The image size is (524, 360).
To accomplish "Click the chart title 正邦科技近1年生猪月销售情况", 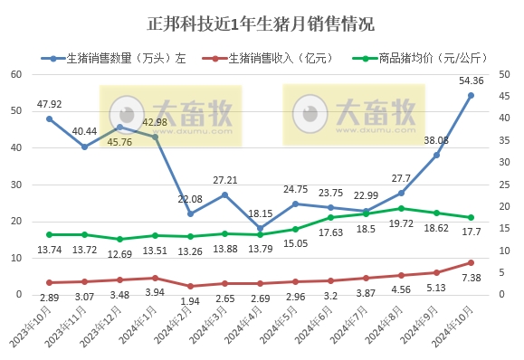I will click(261, 22).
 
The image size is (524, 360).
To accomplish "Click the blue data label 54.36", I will click(471, 81).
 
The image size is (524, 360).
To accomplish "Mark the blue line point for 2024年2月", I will click(190, 213).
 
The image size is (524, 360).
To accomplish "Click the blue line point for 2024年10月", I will click(471, 95).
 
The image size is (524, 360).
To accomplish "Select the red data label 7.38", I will click(471, 278).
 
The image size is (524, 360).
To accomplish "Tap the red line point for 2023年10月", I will click(49, 283).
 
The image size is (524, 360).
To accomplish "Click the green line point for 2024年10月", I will click(471, 217).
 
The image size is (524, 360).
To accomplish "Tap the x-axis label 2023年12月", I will click(105, 331).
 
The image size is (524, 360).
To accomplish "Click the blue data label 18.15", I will click(260, 213).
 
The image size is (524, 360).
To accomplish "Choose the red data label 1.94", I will click(190, 299).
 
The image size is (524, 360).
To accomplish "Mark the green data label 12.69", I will click(119, 253).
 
